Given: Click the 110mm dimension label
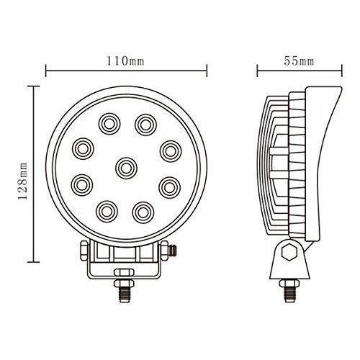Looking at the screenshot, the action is click(x=125, y=61).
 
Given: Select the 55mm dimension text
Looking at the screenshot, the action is click(x=299, y=61).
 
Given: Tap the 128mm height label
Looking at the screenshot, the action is click(x=23, y=181).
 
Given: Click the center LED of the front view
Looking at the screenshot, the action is click(x=126, y=168).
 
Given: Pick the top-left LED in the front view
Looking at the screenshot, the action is click(x=109, y=124).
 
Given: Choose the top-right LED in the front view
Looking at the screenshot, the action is click(x=145, y=125).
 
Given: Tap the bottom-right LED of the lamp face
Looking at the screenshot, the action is click(x=143, y=212).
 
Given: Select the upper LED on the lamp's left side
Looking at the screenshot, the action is click(x=83, y=149).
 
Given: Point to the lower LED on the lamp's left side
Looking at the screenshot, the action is click(x=82, y=185).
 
